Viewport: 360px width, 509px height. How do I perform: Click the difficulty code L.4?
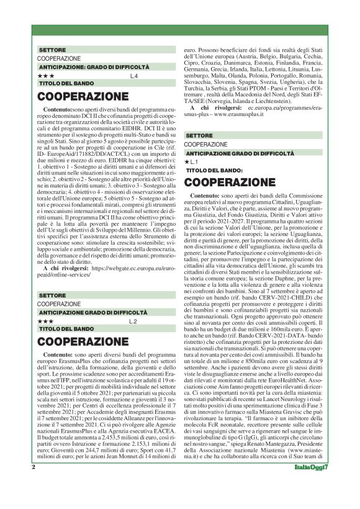pos(134,76)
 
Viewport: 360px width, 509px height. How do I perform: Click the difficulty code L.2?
pos(133,321)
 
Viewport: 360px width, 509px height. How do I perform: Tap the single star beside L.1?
pos(187,161)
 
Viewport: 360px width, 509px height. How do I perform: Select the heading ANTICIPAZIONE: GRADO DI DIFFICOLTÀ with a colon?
pos(94,66)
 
